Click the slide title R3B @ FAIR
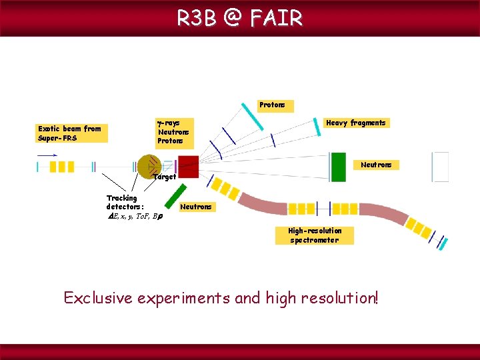pyautogui.click(x=239, y=18)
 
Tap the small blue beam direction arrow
pyautogui.click(x=47, y=155)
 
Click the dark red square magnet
pyautogui.click(x=188, y=167)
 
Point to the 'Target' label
pyautogui.click(x=164, y=177)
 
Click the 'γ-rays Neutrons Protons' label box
pyautogui.click(x=173, y=132)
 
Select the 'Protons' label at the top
pyautogui.click(x=272, y=105)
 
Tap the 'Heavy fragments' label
pyautogui.click(x=355, y=123)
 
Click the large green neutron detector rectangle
pyautogui.click(x=339, y=167)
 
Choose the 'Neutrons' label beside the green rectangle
pyautogui.click(x=376, y=165)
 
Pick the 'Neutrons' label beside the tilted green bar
pyautogui.click(x=196, y=207)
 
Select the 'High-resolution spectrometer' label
pyautogui.click(x=314, y=235)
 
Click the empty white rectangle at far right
pyautogui.click(x=441, y=167)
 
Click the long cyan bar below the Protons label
pyautogui.click(x=254, y=118)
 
